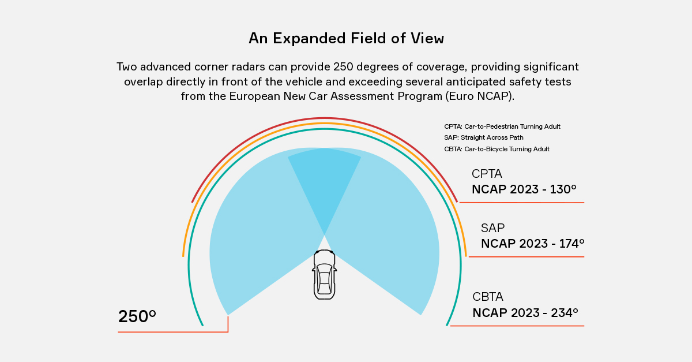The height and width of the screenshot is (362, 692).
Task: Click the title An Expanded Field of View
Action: coord(346,39)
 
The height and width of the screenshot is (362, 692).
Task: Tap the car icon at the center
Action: coord(324,275)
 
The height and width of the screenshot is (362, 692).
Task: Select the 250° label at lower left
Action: coord(137,316)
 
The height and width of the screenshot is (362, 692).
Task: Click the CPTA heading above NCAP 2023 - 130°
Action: coord(487,174)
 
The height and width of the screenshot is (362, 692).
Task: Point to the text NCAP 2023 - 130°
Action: coord(524,189)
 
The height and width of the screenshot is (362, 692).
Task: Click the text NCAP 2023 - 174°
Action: coord(532,244)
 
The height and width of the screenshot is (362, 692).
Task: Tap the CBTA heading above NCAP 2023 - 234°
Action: coord(488,297)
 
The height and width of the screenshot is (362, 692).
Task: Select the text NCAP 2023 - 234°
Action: coord(525,313)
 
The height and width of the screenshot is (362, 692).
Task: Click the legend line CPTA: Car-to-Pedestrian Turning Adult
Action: coord(502,126)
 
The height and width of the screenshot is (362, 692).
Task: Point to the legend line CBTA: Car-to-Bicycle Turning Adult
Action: coord(497,149)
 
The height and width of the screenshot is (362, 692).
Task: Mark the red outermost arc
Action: coord(324,118)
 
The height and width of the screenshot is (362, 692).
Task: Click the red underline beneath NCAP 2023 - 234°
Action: coord(517,326)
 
